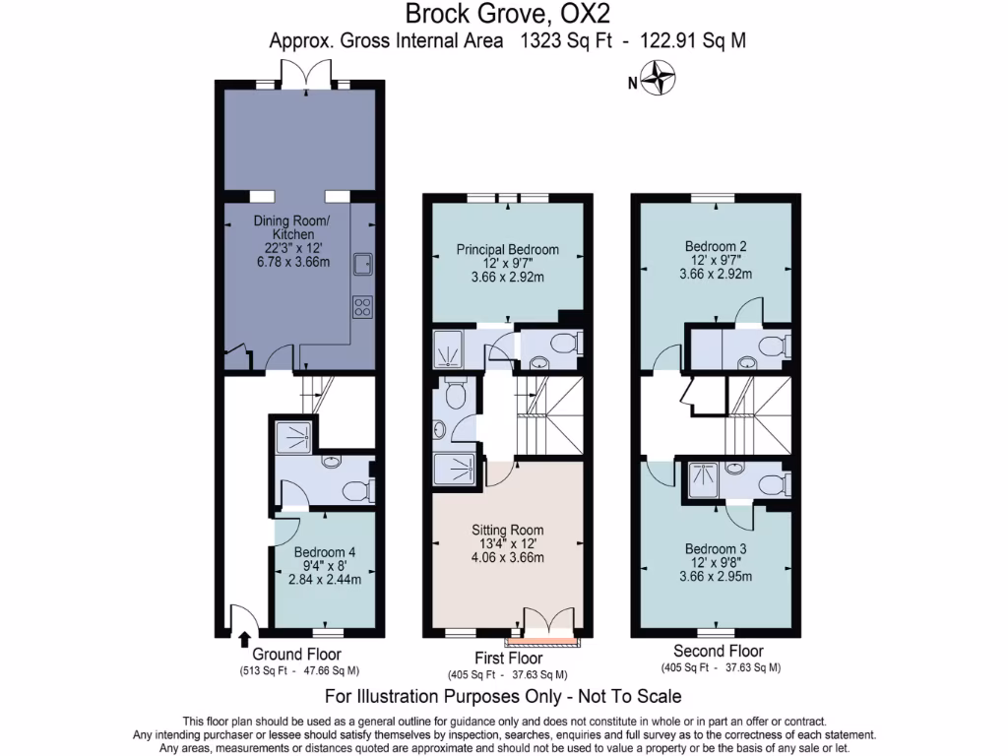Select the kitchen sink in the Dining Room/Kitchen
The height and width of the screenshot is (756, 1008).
coord(362,263)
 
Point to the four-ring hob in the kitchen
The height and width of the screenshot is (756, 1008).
coord(361,307)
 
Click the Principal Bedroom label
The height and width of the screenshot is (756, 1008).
coord(507,249)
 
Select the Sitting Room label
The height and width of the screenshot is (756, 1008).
coord(508,529)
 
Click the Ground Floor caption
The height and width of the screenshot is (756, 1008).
coord(297,655)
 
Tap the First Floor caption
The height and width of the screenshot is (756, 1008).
coord(507,658)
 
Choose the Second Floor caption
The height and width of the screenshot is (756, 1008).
coord(718,651)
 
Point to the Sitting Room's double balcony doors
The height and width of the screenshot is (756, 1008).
coord(548,623)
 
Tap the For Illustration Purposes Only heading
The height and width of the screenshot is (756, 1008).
coord(503,697)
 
